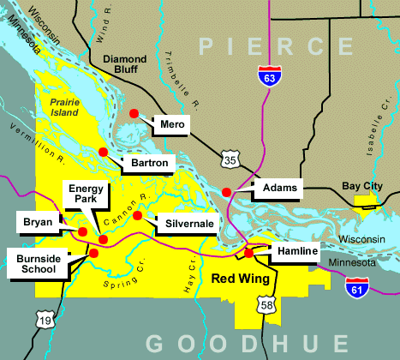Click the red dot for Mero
point(134,113)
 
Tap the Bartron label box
point(149,162)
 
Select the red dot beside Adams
point(226,192)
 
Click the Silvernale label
point(189,223)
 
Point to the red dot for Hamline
point(248,253)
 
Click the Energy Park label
point(86,194)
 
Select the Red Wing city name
point(241,279)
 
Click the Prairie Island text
point(61,107)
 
